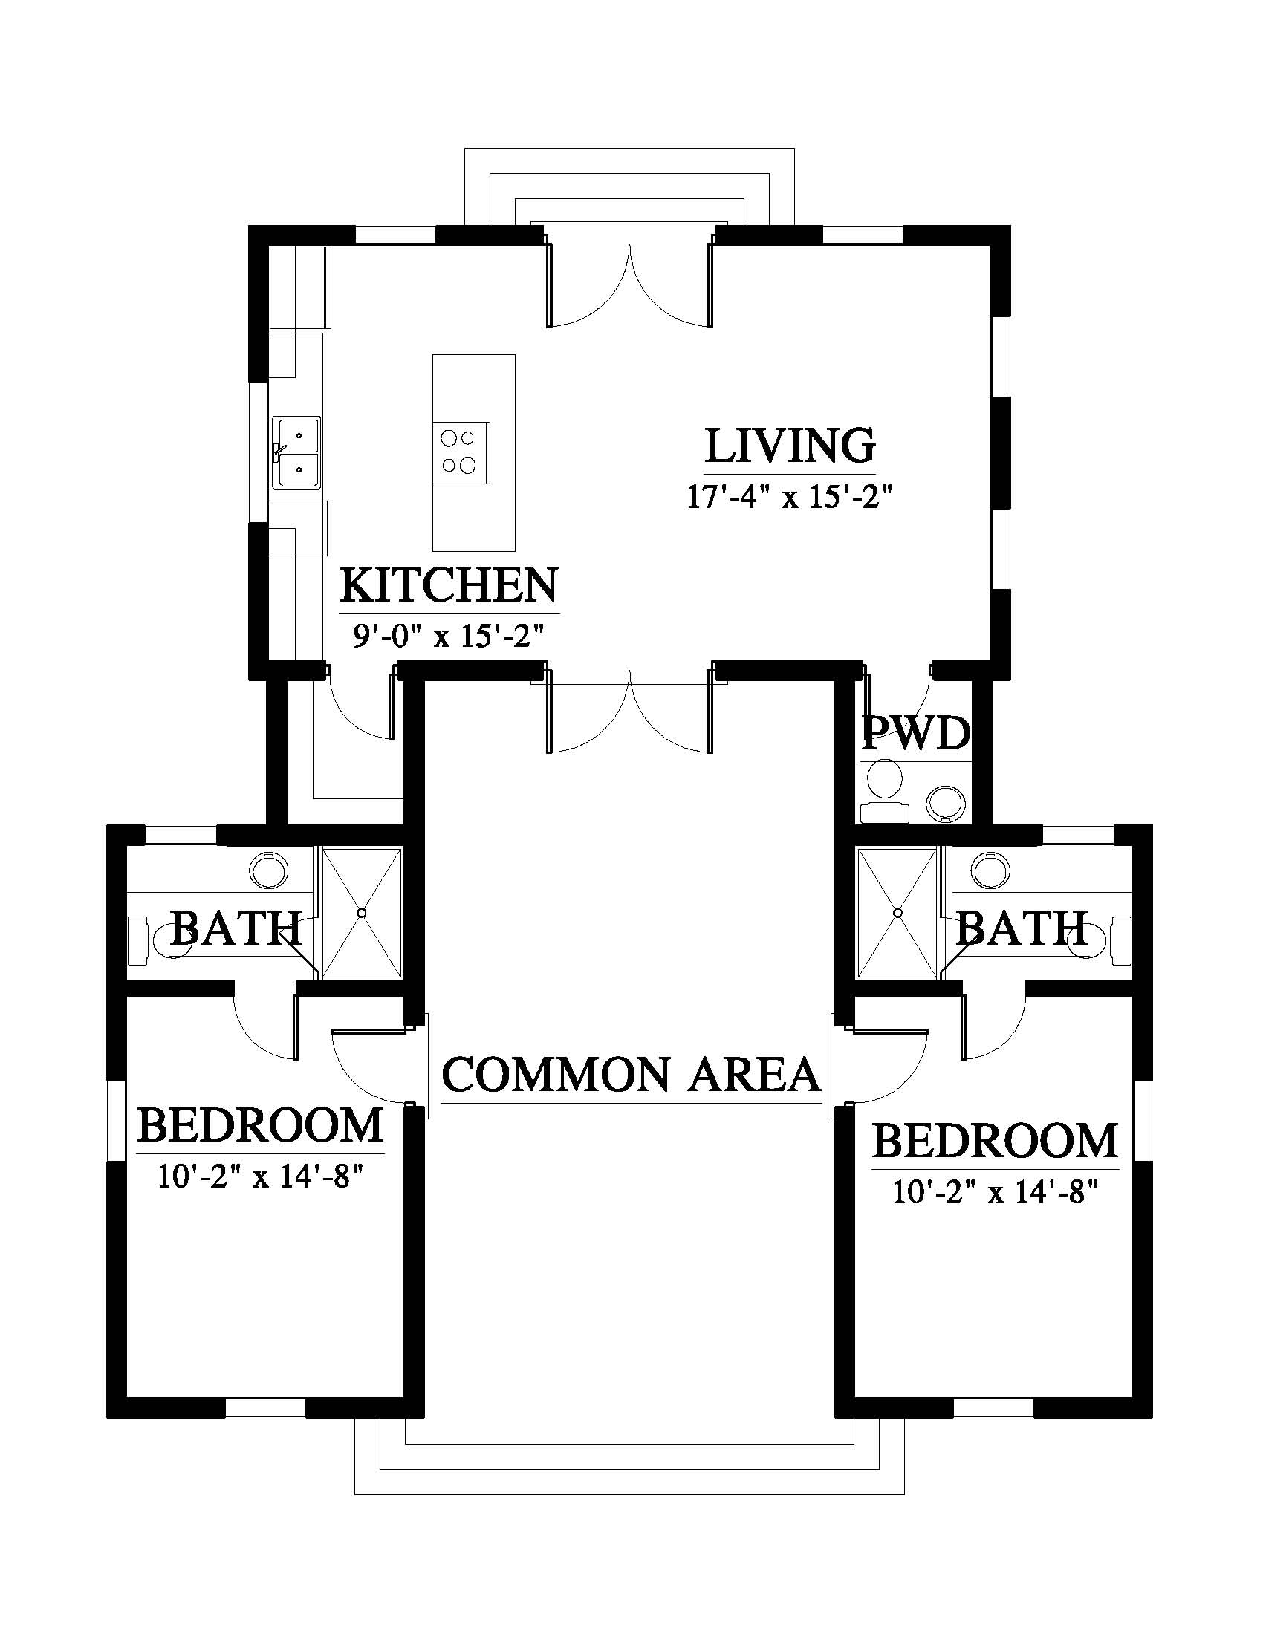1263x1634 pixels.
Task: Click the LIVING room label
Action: pyautogui.click(x=790, y=446)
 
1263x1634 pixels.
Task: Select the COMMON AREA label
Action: pyautogui.click(x=631, y=1075)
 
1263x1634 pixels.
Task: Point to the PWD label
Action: pyautogui.click(x=916, y=734)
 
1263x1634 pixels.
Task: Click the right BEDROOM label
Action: pyautogui.click(x=995, y=1140)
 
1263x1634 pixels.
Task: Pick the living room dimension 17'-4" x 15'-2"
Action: pyautogui.click(x=791, y=497)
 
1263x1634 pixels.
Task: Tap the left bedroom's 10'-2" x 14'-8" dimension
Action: pyautogui.click(x=260, y=1178)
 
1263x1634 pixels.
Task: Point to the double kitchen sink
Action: pyautogui.click(x=296, y=452)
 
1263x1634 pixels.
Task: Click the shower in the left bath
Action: pyautogui.click(x=362, y=913)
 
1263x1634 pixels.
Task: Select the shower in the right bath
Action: pyautogui.click(x=898, y=913)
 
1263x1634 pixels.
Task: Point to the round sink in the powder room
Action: pyautogui.click(x=947, y=803)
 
